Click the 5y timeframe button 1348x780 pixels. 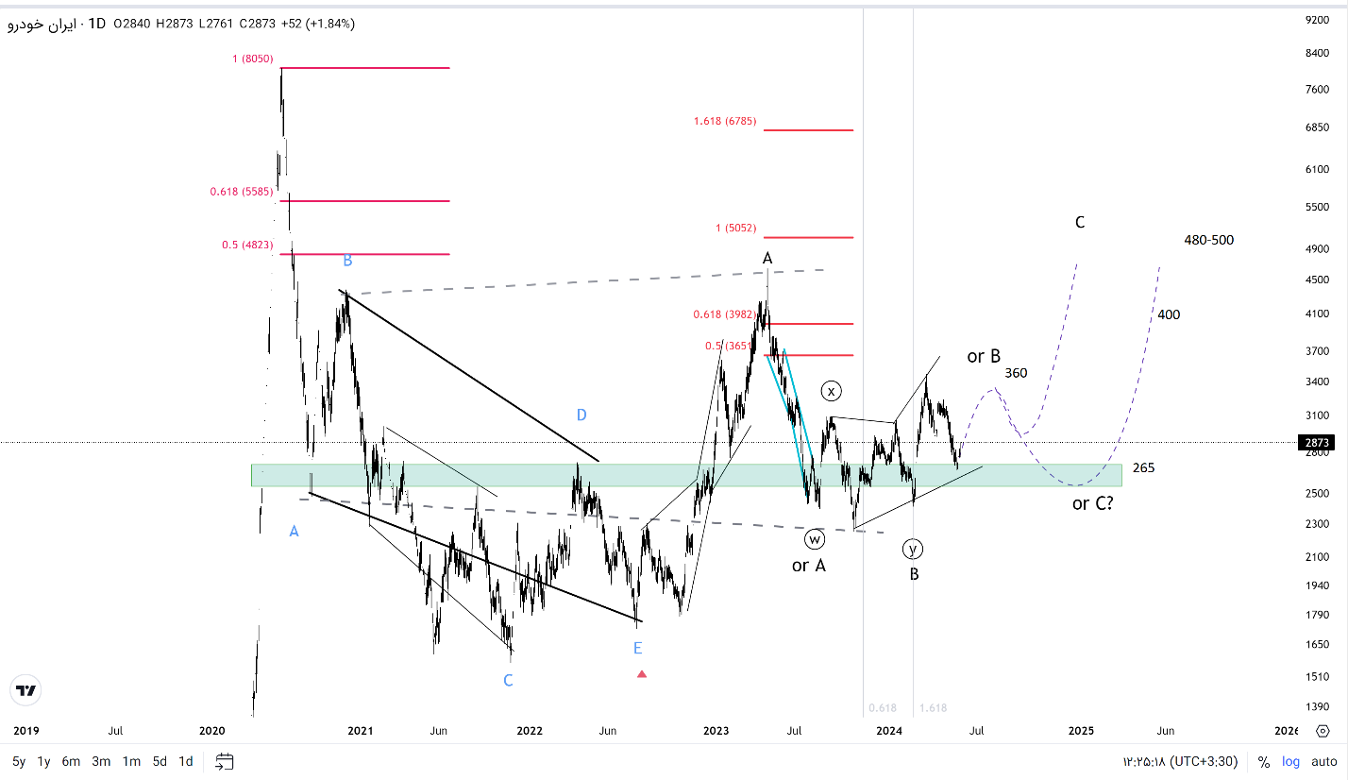19,761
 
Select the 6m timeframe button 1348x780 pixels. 71,761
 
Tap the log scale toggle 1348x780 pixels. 1290,761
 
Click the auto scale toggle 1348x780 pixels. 1323,761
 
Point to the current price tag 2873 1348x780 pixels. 1316,442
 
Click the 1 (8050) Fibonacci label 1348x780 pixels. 252,59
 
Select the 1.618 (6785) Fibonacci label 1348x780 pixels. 724,121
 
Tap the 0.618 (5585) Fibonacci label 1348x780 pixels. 241,192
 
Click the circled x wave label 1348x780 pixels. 831,390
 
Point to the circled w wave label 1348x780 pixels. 815,539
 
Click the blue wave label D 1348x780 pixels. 581,415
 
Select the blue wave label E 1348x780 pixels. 638,648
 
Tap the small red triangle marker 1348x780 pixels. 642,673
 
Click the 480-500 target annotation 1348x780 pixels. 1208,240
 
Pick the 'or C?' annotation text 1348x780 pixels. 1092,503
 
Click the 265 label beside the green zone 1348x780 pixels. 1143,467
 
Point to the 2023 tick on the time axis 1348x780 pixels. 716,730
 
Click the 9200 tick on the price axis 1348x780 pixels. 1316,19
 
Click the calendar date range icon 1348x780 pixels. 224,761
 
